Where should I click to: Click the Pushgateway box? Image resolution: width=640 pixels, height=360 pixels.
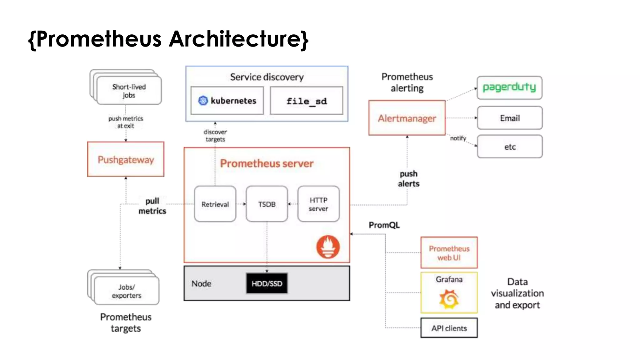126,159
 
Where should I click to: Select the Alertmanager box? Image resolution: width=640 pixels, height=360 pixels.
407,118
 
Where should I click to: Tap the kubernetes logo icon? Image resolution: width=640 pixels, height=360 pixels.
203,101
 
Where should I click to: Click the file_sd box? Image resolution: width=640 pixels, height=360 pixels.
306,101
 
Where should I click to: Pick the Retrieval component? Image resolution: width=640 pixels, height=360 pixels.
215,204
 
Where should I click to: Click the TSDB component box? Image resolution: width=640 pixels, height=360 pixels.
267,204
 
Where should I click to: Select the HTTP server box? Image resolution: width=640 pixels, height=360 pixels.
318,204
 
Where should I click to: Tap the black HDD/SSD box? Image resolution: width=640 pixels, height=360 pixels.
267,283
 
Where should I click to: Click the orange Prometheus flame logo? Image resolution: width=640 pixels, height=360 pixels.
328,247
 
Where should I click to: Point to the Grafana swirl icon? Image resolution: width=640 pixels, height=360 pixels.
449,299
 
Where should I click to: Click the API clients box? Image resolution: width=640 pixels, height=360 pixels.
449,328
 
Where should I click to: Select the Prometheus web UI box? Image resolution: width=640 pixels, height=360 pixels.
449,253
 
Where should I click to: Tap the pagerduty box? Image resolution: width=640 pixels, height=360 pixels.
509,87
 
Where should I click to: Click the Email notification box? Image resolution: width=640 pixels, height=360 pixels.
510,118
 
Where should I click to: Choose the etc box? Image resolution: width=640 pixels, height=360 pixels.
510,147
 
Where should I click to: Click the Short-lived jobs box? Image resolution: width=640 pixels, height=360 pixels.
129,91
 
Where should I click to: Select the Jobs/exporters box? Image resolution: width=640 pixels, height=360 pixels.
126,291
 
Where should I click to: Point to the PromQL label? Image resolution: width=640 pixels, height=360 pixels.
384,225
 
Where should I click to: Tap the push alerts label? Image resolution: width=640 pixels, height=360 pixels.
408,179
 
